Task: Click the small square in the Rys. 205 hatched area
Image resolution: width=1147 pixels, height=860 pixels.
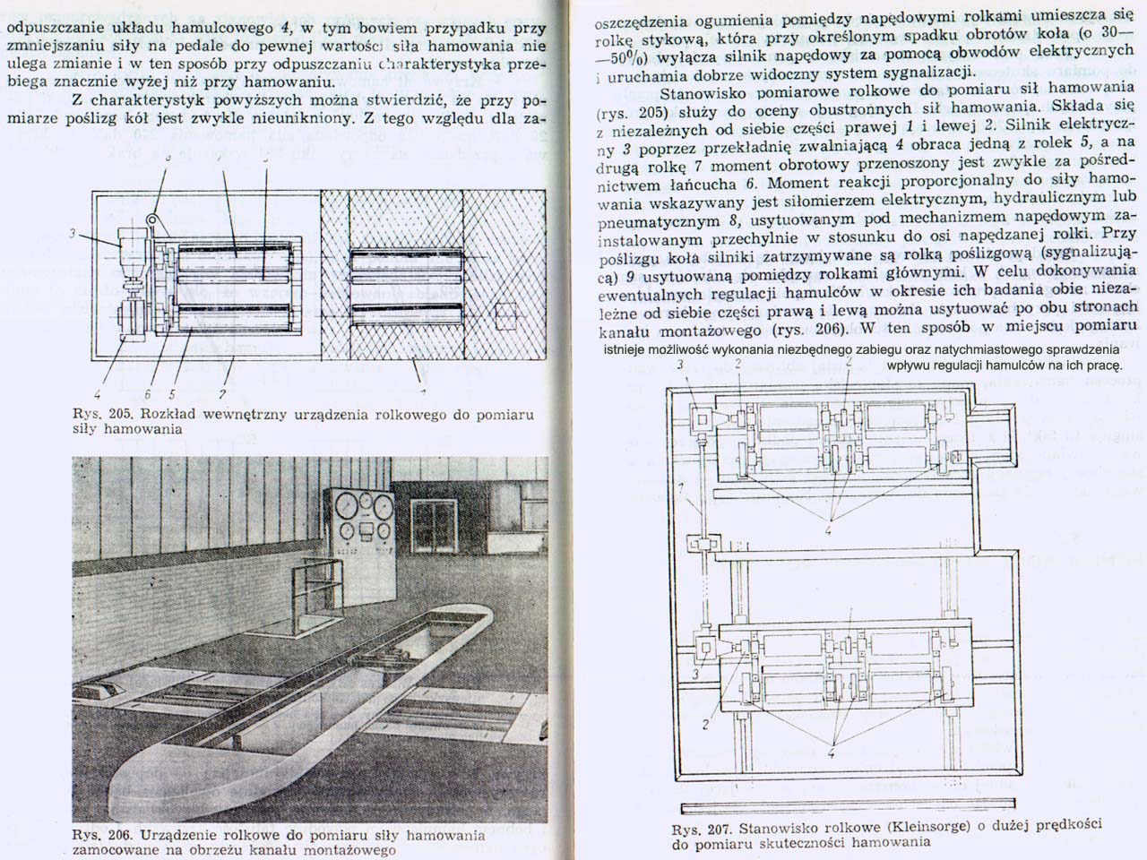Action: click(505, 314)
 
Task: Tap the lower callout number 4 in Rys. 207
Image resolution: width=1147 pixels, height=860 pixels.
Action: click(832, 753)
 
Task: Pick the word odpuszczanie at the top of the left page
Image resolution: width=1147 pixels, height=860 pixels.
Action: click(48, 27)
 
